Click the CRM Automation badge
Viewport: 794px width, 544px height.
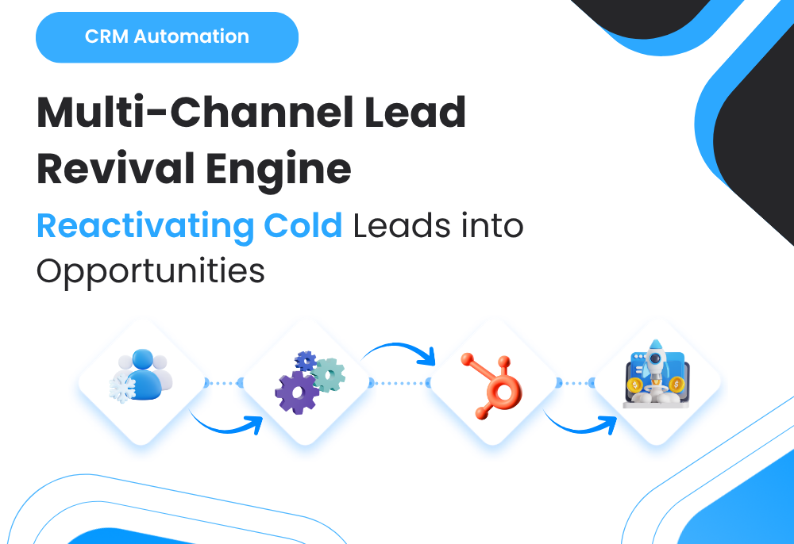[x=167, y=36]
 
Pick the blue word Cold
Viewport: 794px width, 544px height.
[x=303, y=226]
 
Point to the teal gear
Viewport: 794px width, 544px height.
[x=328, y=374]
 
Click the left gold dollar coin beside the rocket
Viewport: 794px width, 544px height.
[x=634, y=385]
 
